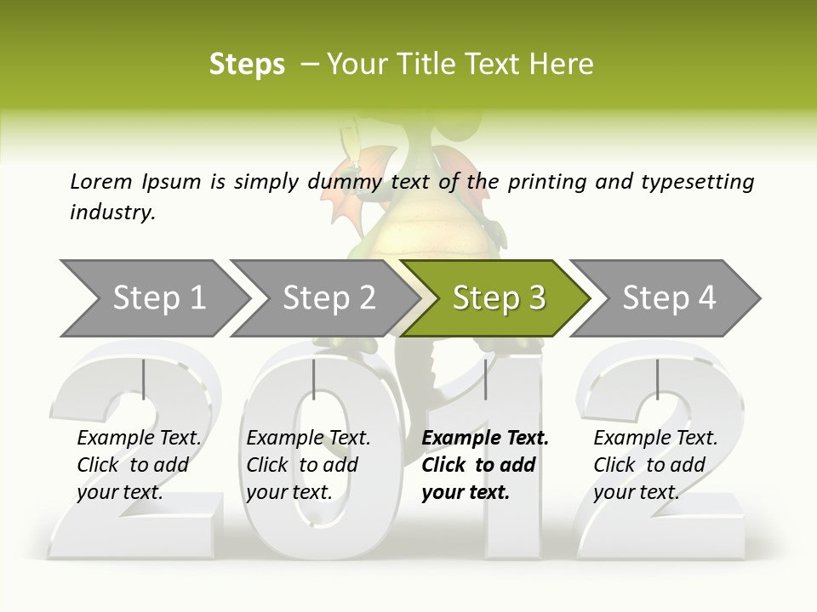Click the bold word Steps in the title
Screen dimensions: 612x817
(247, 65)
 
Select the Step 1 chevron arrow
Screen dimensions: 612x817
(153, 298)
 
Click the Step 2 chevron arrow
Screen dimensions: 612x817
(324, 298)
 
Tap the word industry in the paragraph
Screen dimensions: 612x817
(111, 212)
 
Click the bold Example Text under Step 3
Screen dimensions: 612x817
(485, 439)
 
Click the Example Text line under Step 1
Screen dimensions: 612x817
(139, 439)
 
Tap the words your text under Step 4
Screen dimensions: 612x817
(636, 492)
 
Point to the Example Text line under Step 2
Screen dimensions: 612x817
(308, 439)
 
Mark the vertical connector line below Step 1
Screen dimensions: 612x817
(143, 379)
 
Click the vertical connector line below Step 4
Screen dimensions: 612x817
(657, 379)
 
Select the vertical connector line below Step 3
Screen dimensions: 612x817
(485, 379)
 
